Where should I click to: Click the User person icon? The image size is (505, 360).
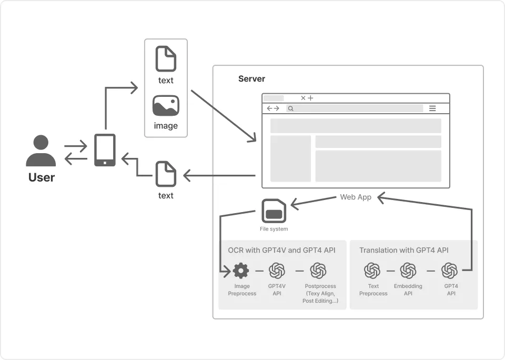click(41, 151)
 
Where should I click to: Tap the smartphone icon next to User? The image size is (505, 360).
click(105, 150)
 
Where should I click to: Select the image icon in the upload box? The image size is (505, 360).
click(166, 106)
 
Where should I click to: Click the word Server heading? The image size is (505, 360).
click(251, 79)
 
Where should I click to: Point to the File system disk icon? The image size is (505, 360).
click(274, 212)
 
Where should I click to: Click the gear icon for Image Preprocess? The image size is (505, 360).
click(241, 271)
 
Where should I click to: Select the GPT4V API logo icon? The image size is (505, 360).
click(277, 271)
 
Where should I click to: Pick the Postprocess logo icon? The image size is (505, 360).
click(318, 271)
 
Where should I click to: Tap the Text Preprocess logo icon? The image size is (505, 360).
click(372, 271)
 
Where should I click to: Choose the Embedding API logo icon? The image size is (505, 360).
click(408, 271)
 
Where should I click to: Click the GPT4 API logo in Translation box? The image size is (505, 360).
click(450, 271)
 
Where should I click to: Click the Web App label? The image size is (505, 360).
click(356, 197)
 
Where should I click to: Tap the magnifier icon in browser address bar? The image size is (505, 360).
click(290, 108)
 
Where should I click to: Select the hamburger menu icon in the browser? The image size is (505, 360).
click(432, 108)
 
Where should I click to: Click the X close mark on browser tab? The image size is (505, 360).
click(303, 98)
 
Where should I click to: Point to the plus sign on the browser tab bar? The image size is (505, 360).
click(311, 98)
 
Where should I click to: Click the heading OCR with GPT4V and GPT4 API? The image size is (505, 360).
click(281, 251)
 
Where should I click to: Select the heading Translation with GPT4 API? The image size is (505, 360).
click(403, 251)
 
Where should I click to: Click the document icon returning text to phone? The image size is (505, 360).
click(166, 174)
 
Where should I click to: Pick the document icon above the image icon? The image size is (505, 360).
click(166, 59)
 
